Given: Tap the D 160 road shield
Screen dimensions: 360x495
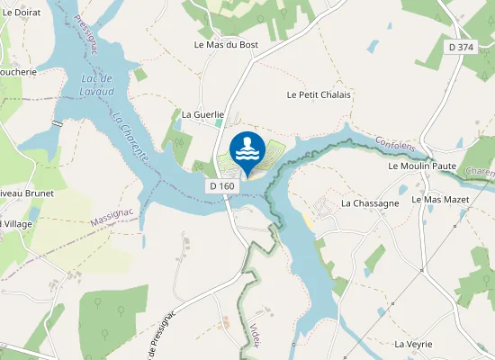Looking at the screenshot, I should (221, 186).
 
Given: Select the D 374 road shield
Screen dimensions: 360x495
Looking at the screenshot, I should (461, 47).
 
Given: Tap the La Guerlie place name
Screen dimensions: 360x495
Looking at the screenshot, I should (201, 114).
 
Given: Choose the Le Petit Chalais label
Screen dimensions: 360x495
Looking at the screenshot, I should (319, 94).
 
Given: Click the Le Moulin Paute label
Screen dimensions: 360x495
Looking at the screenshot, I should (422, 166).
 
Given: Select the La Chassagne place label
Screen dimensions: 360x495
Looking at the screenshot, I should (370, 203).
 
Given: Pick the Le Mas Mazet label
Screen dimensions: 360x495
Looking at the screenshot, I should (440, 199).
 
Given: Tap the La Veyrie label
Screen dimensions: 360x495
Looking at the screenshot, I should (414, 344).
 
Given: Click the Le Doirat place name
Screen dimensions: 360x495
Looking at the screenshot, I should (21, 13).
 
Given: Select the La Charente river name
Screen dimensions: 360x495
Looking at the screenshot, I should (130, 136).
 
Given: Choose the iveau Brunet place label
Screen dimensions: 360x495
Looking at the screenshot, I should (26, 193).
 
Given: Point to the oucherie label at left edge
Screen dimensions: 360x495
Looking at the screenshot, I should (18, 72).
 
